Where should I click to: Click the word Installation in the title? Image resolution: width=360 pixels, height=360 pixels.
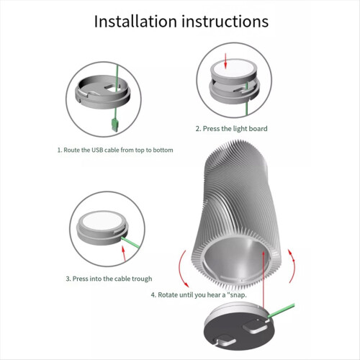[135, 22]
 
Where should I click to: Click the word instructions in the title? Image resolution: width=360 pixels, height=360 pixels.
[225, 22]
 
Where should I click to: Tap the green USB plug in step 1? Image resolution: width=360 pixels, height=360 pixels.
[114, 125]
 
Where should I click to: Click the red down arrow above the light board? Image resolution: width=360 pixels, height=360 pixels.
[225, 60]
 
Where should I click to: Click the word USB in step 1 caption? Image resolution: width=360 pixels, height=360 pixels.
[97, 150]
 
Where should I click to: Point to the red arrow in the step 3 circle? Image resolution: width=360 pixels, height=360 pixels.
[124, 253]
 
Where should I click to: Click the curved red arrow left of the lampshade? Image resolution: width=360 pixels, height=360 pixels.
[181, 269]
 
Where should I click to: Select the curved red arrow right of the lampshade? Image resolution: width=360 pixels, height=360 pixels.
[292, 266]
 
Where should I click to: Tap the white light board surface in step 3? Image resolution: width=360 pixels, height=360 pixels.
[102, 221]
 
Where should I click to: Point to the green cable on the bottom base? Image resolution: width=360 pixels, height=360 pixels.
[282, 310]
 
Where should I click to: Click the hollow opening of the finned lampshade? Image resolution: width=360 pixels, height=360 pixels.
[236, 261]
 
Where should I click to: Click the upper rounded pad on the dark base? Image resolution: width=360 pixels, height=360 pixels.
[254, 327]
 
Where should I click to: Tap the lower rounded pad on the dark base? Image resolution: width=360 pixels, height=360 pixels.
[225, 341]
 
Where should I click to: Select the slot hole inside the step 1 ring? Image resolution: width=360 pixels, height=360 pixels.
[111, 88]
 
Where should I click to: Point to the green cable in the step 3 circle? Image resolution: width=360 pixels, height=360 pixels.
[130, 243]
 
